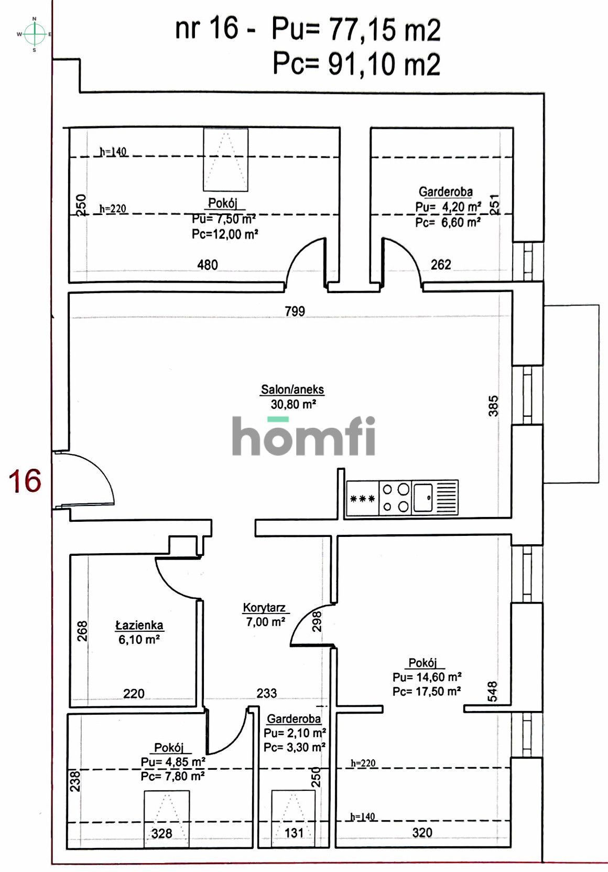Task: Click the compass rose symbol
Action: click(x=35, y=35)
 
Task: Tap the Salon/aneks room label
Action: click(x=292, y=390)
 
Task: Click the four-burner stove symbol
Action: click(x=395, y=498)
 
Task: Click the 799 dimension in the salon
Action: click(x=295, y=311)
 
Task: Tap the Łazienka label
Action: click(x=139, y=625)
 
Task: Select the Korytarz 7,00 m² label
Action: click(x=265, y=615)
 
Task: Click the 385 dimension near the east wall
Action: click(x=494, y=405)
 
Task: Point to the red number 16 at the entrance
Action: click(x=25, y=481)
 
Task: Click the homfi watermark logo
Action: click(x=303, y=436)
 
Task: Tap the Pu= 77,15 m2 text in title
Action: click(x=355, y=29)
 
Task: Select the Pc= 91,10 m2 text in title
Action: click(x=356, y=64)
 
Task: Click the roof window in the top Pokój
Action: click(x=225, y=159)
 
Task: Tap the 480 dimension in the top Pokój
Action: click(x=208, y=265)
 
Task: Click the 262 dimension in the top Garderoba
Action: click(x=441, y=265)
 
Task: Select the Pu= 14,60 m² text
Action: click(x=427, y=677)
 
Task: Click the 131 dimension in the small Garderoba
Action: click(x=294, y=833)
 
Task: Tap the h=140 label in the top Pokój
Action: click(x=113, y=152)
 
